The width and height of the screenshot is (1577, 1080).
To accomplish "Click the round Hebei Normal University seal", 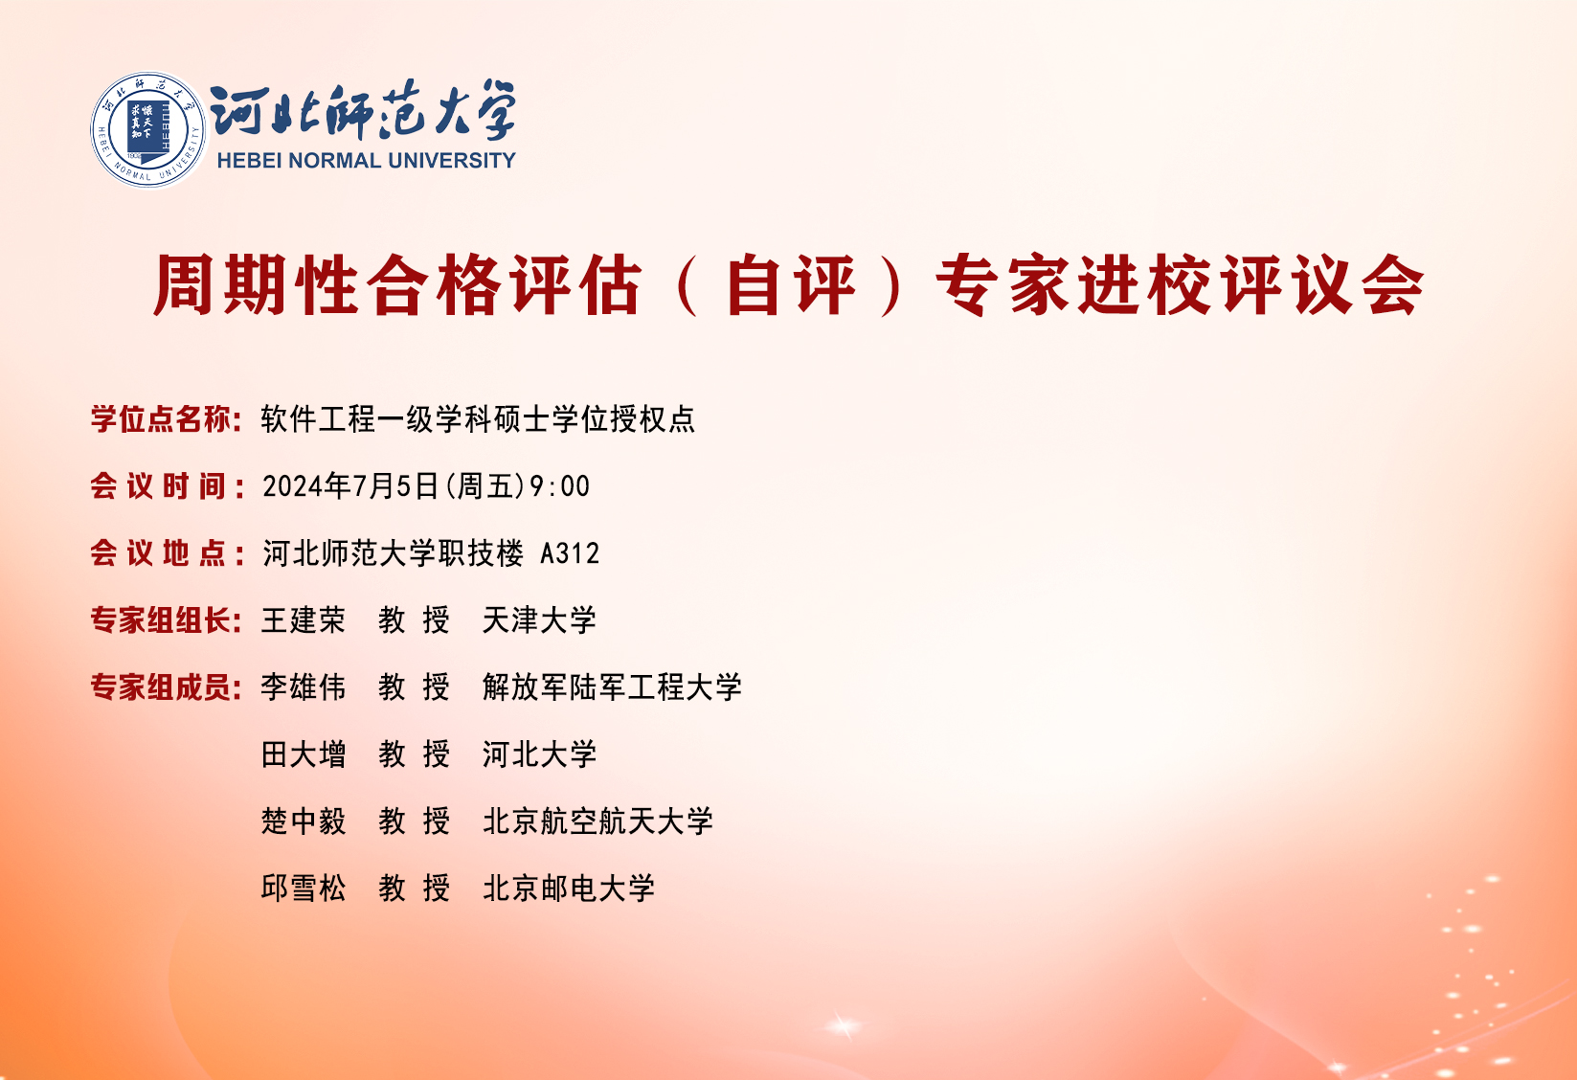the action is click(149, 130).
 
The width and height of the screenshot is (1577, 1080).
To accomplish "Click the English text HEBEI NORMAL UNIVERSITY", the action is click(366, 161).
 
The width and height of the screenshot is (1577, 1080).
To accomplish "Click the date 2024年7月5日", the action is click(350, 486).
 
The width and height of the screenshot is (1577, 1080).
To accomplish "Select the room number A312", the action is click(570, 554).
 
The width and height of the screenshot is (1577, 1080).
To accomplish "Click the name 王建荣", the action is click(304, 620).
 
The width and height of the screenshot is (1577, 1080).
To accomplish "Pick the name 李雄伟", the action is click(304, 687).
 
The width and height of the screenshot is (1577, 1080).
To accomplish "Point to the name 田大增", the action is click(304, 754).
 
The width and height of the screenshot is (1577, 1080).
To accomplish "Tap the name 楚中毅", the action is click(304, 821).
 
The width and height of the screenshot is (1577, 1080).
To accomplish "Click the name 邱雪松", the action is click(304, 888).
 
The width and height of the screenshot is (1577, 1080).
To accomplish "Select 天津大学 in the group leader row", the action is click(539, 620).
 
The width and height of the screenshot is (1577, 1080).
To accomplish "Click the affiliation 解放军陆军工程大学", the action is click(612, 687).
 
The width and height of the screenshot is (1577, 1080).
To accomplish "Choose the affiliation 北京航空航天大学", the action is click(597, 821).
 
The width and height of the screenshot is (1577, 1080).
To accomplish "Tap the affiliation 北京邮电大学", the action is click(569, 888).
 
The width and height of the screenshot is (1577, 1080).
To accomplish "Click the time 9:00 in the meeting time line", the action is click(560, 486).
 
